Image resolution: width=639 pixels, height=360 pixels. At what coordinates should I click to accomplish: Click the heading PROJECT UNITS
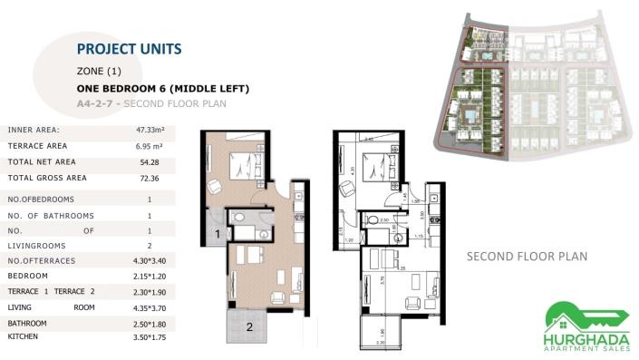(129, 48)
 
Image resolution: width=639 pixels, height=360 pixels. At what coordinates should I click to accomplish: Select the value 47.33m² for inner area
(149, 131)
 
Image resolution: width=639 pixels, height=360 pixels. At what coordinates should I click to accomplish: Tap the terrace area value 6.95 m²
(149, 146)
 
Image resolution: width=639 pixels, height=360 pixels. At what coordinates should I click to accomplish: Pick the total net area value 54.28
(149, 161)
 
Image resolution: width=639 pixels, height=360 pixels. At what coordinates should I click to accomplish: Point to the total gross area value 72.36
(149, 178)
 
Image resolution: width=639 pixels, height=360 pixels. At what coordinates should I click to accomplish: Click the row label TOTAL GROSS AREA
(47, 178)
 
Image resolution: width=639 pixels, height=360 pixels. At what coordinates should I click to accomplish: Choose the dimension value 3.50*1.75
(149, 336)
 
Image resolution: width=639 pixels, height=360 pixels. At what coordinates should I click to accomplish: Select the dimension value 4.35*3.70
(149, 306)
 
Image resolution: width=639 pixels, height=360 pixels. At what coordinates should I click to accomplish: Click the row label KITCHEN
(24, 336)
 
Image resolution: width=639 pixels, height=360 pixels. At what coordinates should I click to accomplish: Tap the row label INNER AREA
(34, 131)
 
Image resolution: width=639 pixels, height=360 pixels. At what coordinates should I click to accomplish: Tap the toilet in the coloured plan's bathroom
(232, 219)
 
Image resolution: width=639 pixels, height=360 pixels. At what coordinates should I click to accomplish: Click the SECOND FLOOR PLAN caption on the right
(527, 257)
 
